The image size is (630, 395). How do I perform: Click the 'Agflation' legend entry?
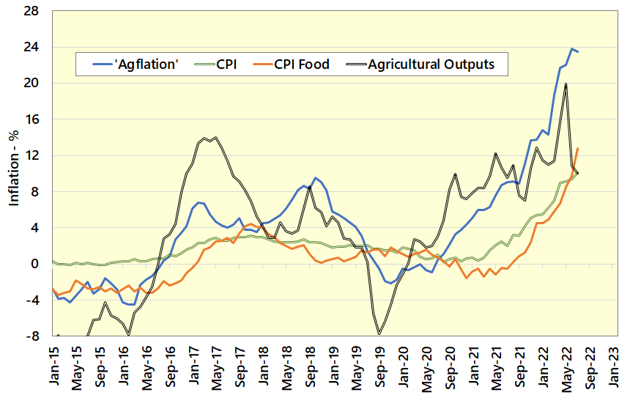(146, 64)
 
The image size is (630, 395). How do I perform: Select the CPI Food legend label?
(302, 64)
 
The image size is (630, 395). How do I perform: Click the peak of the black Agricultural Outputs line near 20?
(566, 84)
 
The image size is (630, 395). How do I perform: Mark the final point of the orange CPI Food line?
(578, 149)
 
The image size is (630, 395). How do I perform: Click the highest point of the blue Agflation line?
(571, 49)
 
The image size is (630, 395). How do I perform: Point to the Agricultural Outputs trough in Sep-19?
(379, 334)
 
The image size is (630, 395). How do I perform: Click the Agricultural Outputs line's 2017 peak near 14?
(214, 138)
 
